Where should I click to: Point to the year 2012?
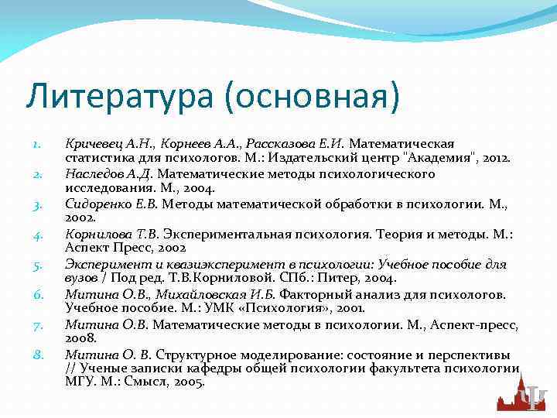(x=494, y=158)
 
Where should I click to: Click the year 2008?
(x=80, y=339)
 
